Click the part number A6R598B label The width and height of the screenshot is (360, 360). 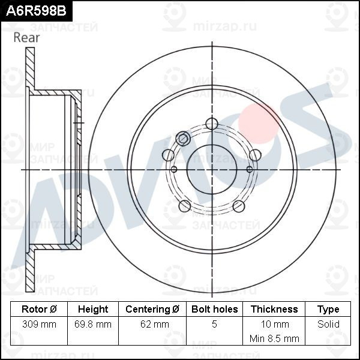point(34,10)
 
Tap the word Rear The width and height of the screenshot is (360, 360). point(26,38)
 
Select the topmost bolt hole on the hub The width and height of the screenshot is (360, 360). point(211,124)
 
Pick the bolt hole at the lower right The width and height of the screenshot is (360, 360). point(238,206)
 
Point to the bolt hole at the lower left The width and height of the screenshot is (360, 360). point(185,206)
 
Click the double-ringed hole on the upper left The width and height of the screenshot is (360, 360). point(184,139)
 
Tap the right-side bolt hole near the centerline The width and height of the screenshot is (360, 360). point(255,155)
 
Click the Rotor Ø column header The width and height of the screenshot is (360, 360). point(39,310)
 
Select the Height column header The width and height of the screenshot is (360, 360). point(93,310)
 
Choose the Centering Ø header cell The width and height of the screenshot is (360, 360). point(152,310)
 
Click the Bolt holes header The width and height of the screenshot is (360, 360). point(214,310)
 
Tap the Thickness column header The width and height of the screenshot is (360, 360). point(274,310)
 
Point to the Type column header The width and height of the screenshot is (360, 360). point(328,310)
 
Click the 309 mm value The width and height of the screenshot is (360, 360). point(39,325)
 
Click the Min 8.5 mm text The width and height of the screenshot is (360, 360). point(274,338)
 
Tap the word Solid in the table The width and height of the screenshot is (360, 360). point(328,325)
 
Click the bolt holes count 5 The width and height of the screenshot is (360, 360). point(214,325)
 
